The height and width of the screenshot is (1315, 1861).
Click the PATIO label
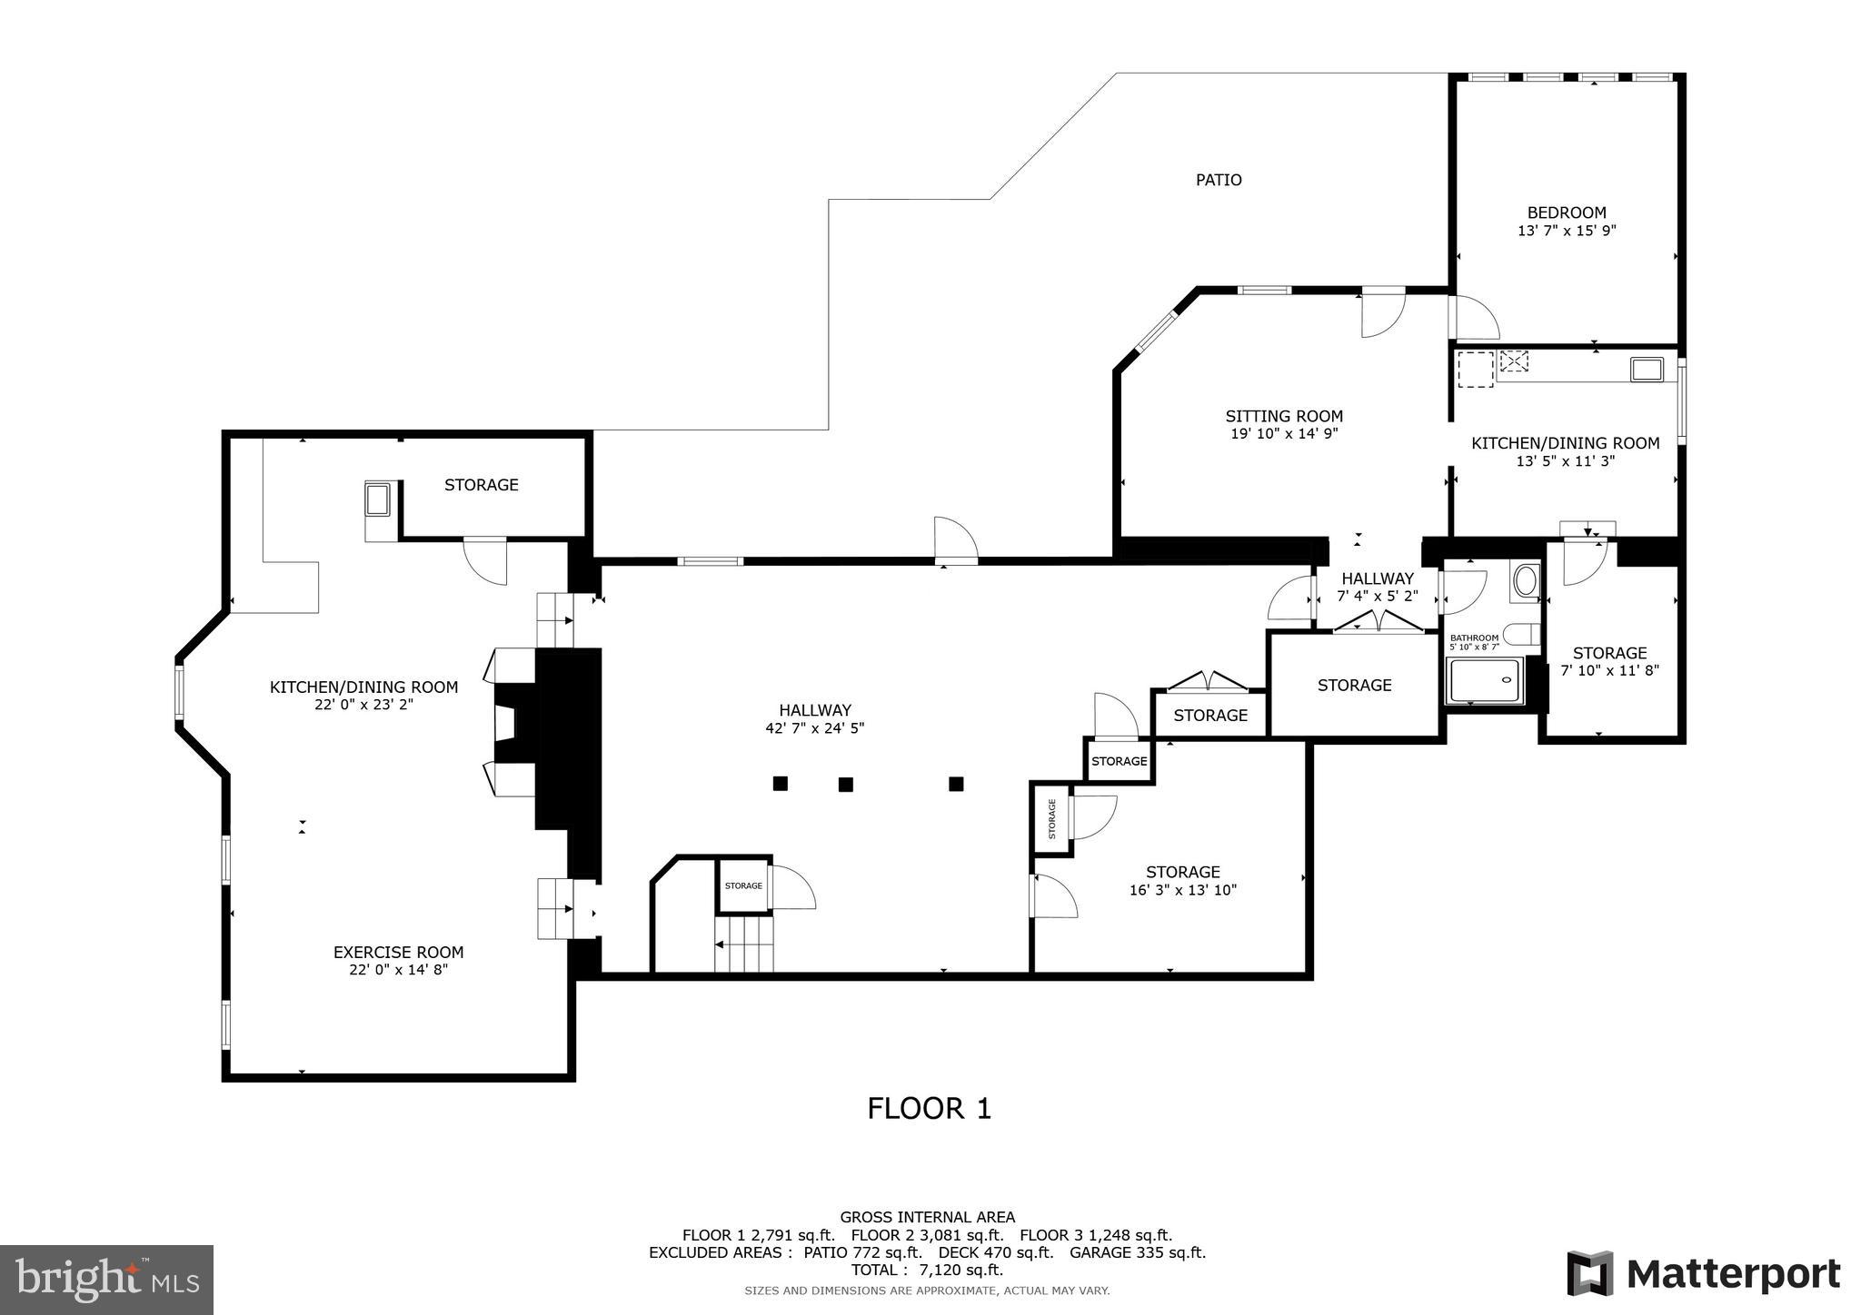click(1218, 180)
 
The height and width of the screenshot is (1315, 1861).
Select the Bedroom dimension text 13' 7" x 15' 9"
click(1566, 231)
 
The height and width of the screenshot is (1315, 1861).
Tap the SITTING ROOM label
click(1283, 417)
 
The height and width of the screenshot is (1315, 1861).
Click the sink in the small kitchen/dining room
click(1646, 369)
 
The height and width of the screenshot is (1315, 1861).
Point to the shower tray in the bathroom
click(1483, 681)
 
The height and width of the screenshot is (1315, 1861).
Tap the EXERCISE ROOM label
click(398, 953)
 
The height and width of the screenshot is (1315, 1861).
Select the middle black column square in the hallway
click(845, 784)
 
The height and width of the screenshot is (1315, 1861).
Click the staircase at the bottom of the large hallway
click(744, 944)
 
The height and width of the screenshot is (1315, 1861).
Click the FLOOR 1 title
click(929, 1109)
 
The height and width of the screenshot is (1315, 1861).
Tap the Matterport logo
click(1703, 1274)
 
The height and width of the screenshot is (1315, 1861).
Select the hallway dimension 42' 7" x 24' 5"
click(814, 728)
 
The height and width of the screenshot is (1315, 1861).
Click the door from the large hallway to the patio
click(955, 542)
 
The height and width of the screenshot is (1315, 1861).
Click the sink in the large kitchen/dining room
click(378, 499)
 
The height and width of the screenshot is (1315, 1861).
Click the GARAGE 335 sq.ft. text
click(1137, 1252)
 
